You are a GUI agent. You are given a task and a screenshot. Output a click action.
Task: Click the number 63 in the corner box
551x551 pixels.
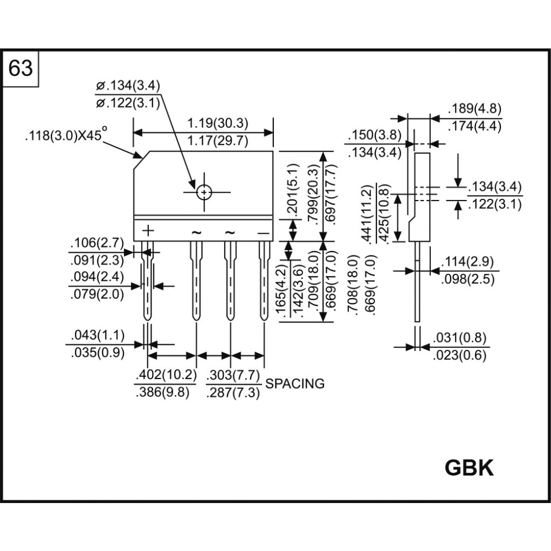(x=21, y=69)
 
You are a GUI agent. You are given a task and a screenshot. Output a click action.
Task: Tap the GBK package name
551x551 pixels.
(x=469, y=468)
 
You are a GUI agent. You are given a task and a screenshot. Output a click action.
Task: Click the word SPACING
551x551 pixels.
(x=295, y=384)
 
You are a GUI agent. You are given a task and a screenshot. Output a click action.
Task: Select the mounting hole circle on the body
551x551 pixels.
(x=204, y=192)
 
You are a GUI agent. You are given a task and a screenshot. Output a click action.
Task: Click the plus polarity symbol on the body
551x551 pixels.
(x=149, y=230)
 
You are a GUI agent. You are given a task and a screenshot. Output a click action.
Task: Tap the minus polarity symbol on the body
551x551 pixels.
(x=264, y=233)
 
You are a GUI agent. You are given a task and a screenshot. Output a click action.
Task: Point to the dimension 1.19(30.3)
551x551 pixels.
(x=218, y=122)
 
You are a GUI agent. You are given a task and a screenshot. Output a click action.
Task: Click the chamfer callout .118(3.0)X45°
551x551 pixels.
(x=66, y=136)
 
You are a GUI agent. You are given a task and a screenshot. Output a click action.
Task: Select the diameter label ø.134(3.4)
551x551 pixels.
(x=127, y=86)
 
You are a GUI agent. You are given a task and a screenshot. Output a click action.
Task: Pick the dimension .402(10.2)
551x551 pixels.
(x=166, y=376)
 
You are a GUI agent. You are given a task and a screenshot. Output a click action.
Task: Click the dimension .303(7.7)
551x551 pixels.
(x=233, y=376)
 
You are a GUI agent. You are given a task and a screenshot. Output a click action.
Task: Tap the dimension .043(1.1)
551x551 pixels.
(x=98, y=335)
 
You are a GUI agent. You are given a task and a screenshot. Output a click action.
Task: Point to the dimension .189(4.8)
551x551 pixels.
(x=475, y=109)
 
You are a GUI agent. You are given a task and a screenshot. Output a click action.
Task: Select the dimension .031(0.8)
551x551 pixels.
(x=460, y=338)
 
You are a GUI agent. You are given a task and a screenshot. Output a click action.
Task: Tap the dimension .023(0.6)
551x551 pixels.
(x=460, y=355)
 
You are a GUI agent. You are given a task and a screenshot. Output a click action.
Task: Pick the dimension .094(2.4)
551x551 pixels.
(x=98, y=277)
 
